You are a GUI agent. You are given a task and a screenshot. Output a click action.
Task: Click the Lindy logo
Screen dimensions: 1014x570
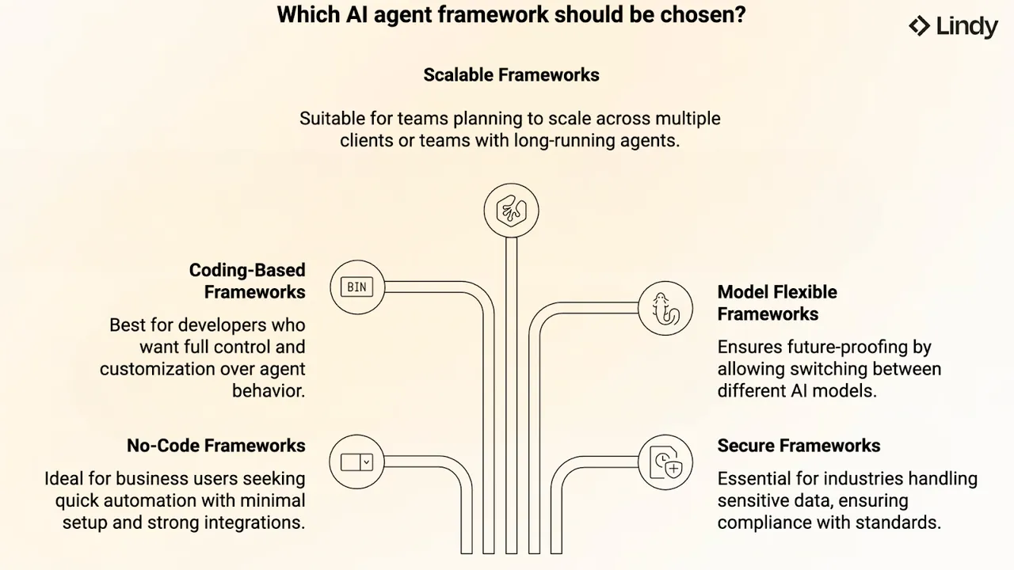[x=953, y=26]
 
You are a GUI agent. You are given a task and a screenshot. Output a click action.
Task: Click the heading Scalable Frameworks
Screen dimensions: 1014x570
[x=511, y=75]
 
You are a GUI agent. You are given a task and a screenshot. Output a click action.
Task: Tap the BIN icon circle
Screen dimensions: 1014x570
[x=357, y=287]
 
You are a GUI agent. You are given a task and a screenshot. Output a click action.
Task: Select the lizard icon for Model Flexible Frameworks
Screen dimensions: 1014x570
[x=665, y=309]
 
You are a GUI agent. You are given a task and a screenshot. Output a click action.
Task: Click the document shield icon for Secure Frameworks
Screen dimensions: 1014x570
[x=665, y=462]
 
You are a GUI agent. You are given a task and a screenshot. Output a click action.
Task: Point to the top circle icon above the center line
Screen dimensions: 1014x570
[x=511, y=211]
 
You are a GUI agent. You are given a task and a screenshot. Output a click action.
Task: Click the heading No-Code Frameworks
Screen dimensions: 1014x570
[x=216, y=446]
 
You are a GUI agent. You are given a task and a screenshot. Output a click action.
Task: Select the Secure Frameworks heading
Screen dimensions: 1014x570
[x=799, y=446]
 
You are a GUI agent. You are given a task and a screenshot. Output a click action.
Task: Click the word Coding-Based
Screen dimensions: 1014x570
[x=247, y=271]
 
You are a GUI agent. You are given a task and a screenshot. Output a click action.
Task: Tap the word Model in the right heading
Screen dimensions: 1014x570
[x=741, y=292]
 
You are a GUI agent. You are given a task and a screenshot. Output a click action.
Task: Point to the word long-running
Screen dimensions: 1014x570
[x=564, y=141]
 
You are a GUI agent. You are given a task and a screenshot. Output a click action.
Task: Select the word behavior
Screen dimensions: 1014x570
[x=269, y=391]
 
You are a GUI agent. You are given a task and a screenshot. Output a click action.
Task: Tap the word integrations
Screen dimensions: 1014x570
[x=255, y=523]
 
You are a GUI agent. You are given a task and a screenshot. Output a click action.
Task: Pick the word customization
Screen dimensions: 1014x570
[x=156, y=369]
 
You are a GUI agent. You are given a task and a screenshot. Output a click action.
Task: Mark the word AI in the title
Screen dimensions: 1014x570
[x=356, y=14]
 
